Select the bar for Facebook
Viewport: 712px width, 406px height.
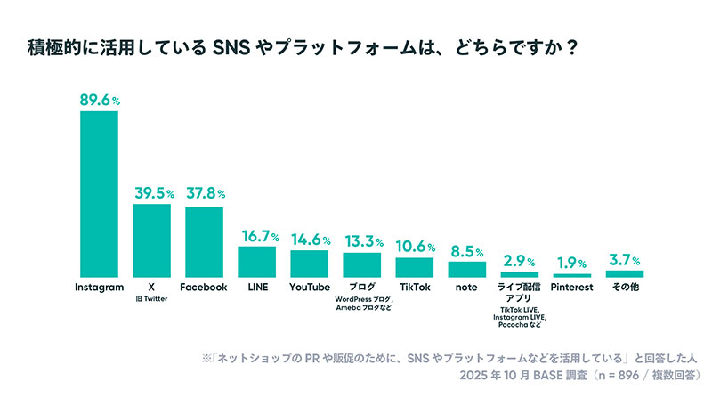[x=204, y=241]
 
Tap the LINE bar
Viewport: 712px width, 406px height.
[x=256, y=261]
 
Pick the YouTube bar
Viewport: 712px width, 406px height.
[x=309, y=264]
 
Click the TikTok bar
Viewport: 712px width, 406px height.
[x=414, y=267]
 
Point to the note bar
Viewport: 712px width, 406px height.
[x=466, y=269]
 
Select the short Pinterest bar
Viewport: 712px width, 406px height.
[x=571, y=274]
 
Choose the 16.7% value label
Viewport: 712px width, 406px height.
[x=256, y=236]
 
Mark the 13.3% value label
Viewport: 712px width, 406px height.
[x=361, y=241]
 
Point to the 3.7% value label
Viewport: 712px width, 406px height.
[x=624, y=260]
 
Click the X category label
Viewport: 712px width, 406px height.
[x=151, y=288]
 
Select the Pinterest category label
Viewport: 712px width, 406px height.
[x=571, y=288]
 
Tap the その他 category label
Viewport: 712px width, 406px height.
[x=624, y=288]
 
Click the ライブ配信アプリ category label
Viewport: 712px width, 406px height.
[x=519, y=293]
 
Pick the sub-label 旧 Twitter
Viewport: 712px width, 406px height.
[x=151, y=299]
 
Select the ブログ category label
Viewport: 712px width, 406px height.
[x=361, y=288]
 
